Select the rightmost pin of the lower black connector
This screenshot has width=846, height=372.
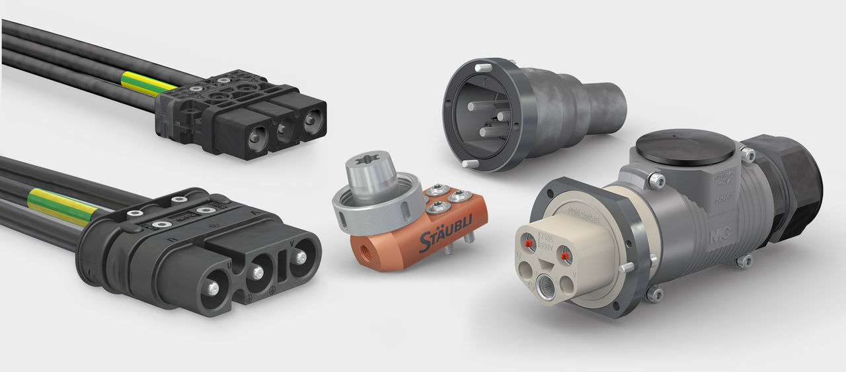coord(301,256)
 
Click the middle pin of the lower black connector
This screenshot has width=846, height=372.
coord(258,273)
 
